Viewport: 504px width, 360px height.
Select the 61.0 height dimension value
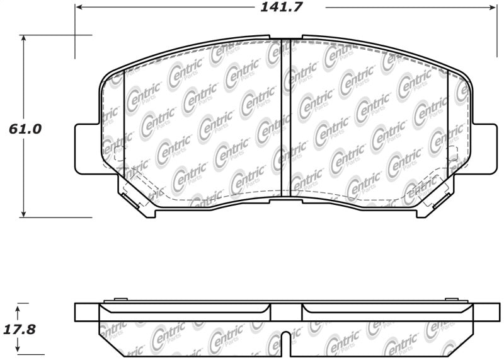click(x=25, y=130)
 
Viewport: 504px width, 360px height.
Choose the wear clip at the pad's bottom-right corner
click(x=435, y=202)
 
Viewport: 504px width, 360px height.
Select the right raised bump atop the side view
click(x=450, y=299)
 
